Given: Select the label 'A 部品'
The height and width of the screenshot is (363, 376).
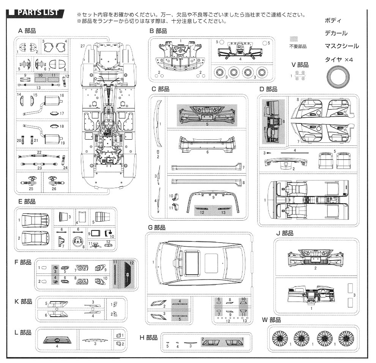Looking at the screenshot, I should click(x=27, y=30).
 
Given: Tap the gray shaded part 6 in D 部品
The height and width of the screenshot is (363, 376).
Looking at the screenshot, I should click(x=274, y=121).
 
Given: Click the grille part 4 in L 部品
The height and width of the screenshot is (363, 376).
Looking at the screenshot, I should click(x=56, y=339).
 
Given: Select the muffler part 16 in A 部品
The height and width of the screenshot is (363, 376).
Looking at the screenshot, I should click(x=53, y=101).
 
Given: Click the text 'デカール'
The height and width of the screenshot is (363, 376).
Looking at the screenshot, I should click(x=336, y=33).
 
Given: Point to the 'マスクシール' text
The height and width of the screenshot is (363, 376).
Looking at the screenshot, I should click(x=341, y=46).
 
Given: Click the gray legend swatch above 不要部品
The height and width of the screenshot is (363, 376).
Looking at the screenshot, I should click(x=294, y=39).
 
